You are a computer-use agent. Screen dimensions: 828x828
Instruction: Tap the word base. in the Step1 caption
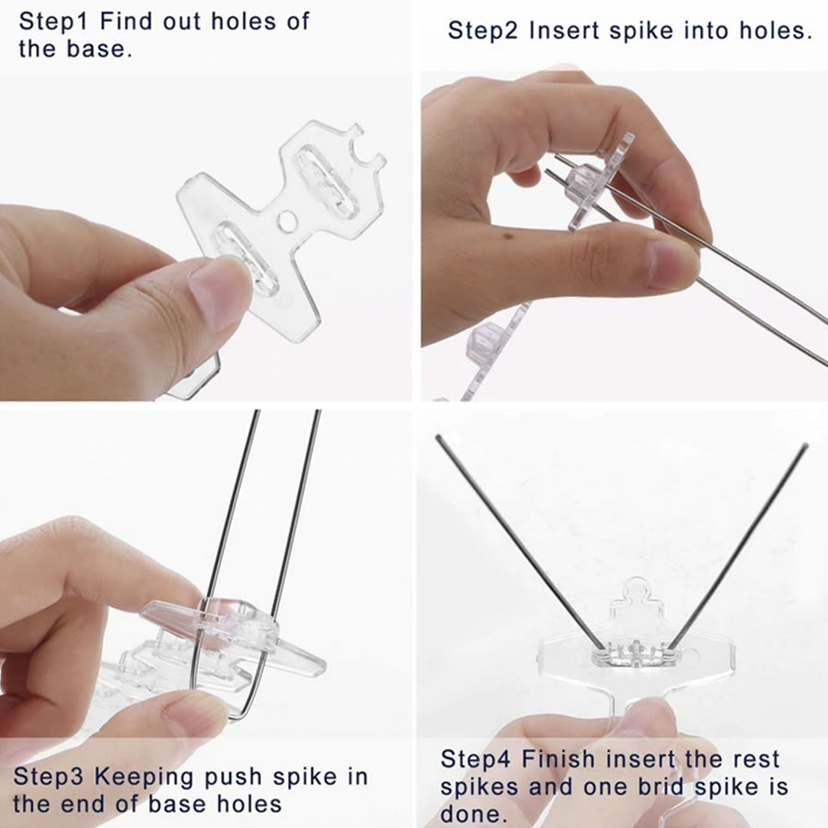pos(99,49)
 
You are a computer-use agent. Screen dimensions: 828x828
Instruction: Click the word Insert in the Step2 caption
pos(565,30)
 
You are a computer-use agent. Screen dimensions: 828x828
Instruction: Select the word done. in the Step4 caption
pos(470,814)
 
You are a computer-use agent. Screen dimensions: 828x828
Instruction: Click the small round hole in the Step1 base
pos(287,221)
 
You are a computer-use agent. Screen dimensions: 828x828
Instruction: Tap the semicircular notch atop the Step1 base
pos(365,148)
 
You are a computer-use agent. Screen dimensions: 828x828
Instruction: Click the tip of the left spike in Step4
pos(438,437)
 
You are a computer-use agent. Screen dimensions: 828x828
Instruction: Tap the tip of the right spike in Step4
pos(805,447)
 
